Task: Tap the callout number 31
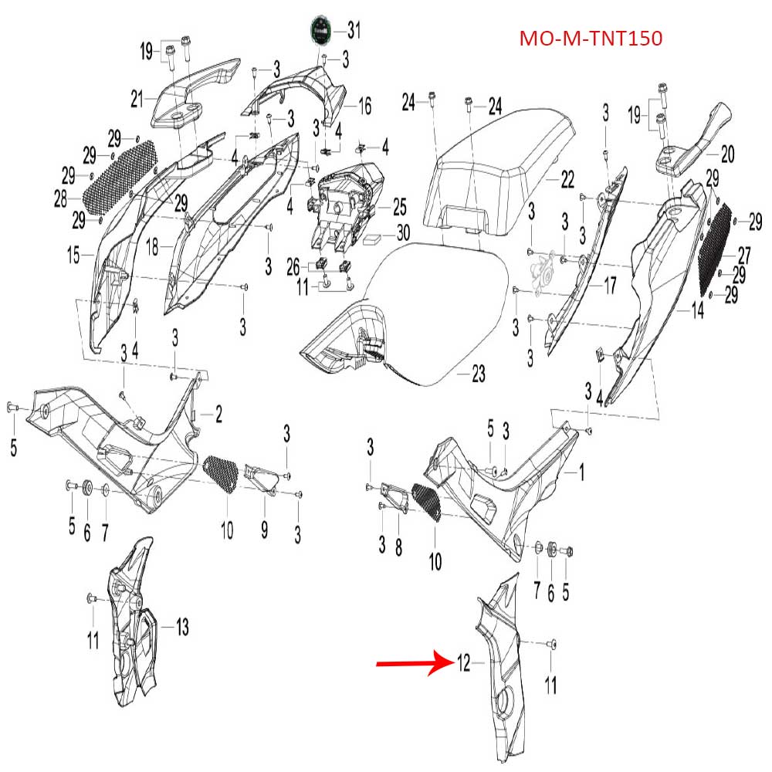[354, 31]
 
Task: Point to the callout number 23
[479, 375]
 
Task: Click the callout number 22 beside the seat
[567, 180]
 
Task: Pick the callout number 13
[182, 628]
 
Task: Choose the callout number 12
[463, 662]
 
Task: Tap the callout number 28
[61, 200]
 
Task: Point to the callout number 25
[399, 206]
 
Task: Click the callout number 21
[137, 98]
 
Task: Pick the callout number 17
[609, 286]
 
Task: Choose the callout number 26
[293, 268]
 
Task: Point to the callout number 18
[153, 247]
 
